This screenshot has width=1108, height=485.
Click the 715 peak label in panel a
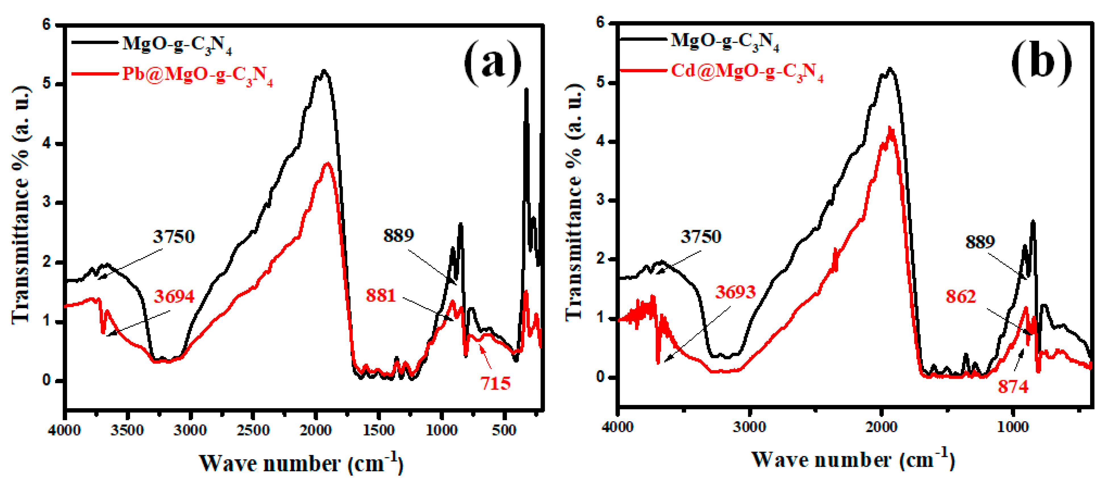click(x=495, y=383)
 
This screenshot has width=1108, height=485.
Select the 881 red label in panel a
click(x=381, y=295)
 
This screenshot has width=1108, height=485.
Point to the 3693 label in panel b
click(x=735, y=292)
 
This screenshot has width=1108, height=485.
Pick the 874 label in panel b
click(x=1013, y=386)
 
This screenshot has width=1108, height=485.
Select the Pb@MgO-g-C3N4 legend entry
click(x=198, y=75)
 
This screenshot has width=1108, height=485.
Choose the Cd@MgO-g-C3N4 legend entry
click(x=747, y=71)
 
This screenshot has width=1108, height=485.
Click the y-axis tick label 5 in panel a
click(x=47, y=84)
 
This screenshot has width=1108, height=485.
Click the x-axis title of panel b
click(x=853, y=460)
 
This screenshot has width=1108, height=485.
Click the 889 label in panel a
click(x=398, y=235)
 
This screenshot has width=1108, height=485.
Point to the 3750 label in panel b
click(x=701, y=237)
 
